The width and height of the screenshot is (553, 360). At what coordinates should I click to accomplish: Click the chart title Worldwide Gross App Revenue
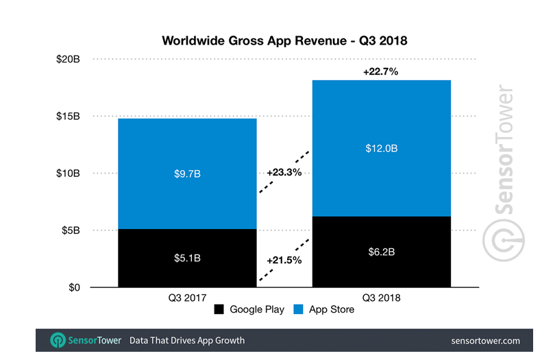point(284,40)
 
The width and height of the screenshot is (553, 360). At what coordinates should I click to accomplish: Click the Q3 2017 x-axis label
point(187,298)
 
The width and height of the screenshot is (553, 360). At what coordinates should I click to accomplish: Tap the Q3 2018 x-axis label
point(382,298)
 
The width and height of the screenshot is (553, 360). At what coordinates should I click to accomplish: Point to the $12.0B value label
point(382,148)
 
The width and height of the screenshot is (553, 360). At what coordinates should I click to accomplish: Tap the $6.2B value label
point(382,252)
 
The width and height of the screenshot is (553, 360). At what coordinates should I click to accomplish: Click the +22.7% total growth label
point(382,71)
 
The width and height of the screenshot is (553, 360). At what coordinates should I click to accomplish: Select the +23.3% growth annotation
point(284,173)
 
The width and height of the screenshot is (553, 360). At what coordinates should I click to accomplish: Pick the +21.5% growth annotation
point(284,261)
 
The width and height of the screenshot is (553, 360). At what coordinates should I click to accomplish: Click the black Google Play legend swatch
point(219,310)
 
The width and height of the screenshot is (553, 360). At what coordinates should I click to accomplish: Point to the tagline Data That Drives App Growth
point(187,340)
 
